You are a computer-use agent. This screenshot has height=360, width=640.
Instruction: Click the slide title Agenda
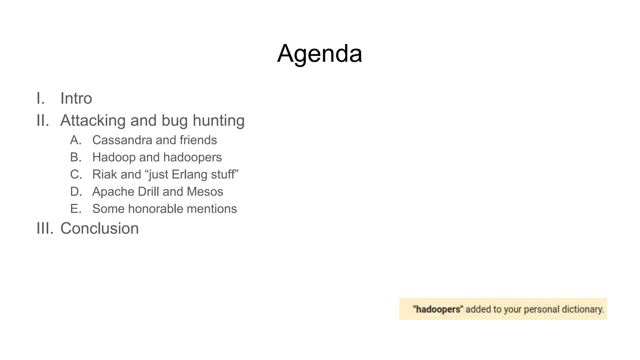(x=319, y=53)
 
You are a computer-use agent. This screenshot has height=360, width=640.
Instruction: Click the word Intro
(x=76, y=98)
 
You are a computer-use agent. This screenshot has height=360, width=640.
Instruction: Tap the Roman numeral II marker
(x=43, y=121)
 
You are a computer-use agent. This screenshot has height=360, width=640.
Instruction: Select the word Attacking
(x=93, y=121)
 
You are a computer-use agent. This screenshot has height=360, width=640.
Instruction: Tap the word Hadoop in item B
(x=114, y=157)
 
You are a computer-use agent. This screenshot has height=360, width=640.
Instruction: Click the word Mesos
(x=205, y=192)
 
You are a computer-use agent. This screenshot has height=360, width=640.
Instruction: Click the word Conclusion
(x=99, y=228)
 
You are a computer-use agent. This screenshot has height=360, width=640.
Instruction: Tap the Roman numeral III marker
(x=45, y=228)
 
